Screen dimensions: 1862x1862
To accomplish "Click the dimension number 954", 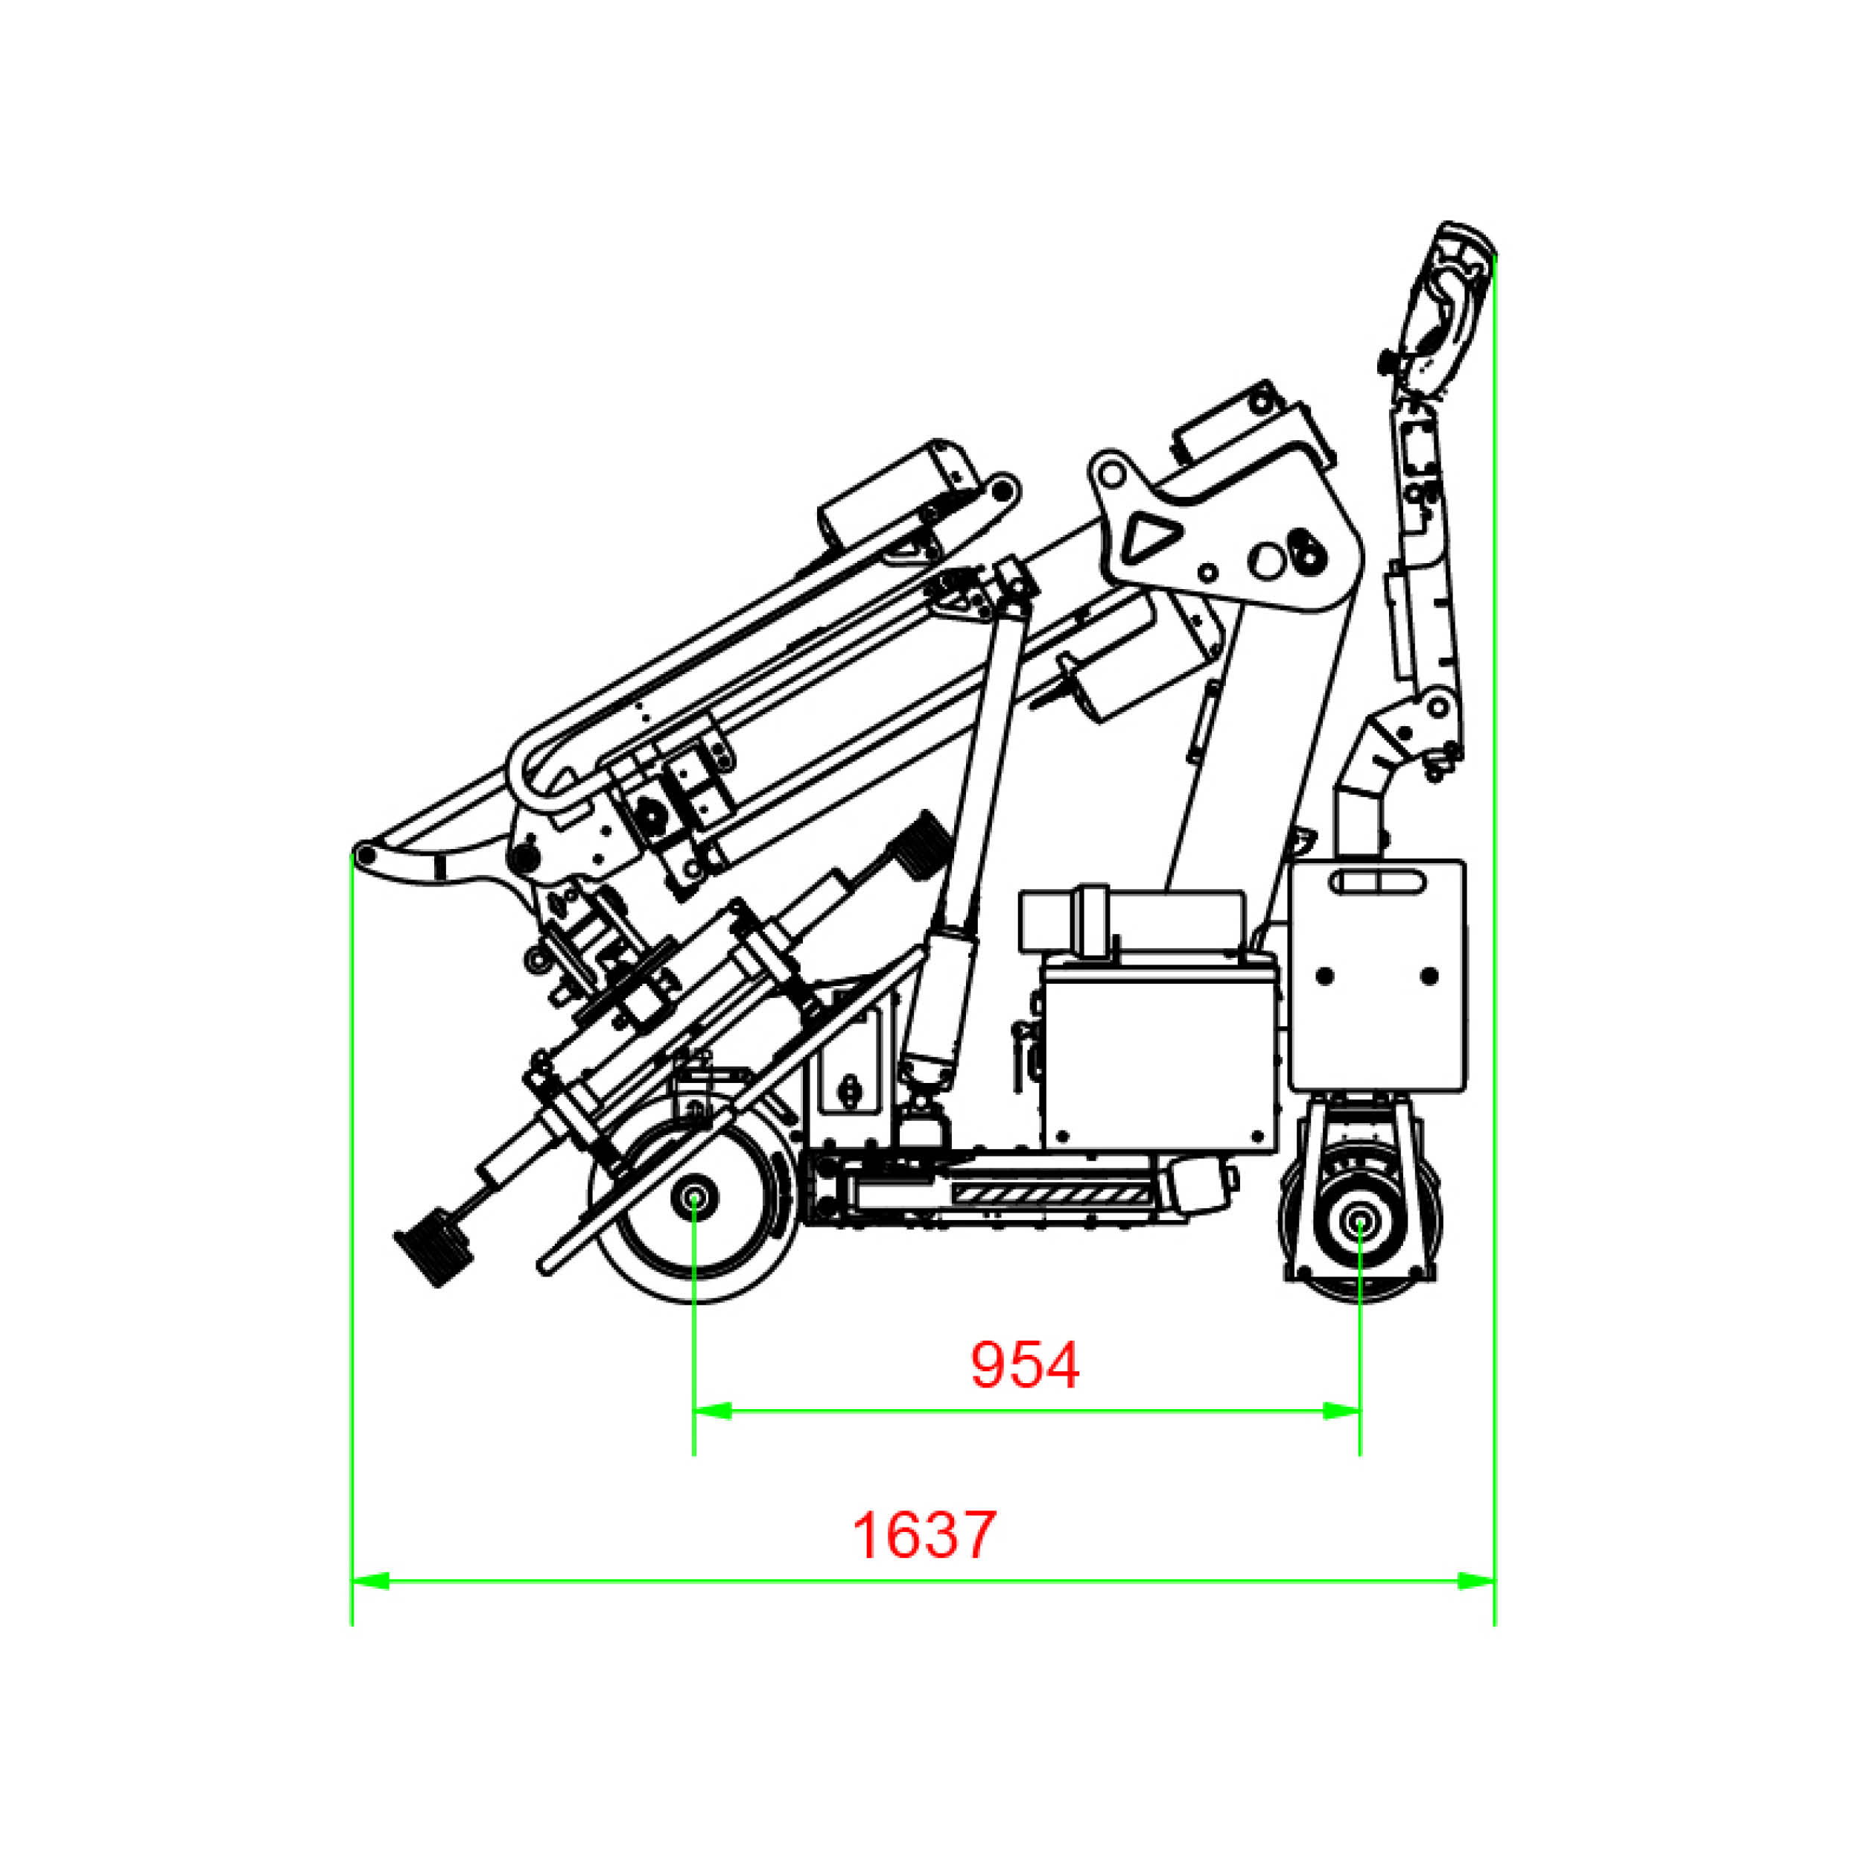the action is [x=1025, y=1364].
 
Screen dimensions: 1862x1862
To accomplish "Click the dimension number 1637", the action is [x=924, y=1535].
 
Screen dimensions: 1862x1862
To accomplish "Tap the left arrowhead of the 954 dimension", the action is [x=712, y=1411].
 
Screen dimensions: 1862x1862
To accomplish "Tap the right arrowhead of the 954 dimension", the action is [x=1341, y=1411].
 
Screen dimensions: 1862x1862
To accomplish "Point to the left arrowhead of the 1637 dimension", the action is [x=370, y=1581].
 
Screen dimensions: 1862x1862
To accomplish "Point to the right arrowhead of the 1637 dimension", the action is [x=1475, y=1581].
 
